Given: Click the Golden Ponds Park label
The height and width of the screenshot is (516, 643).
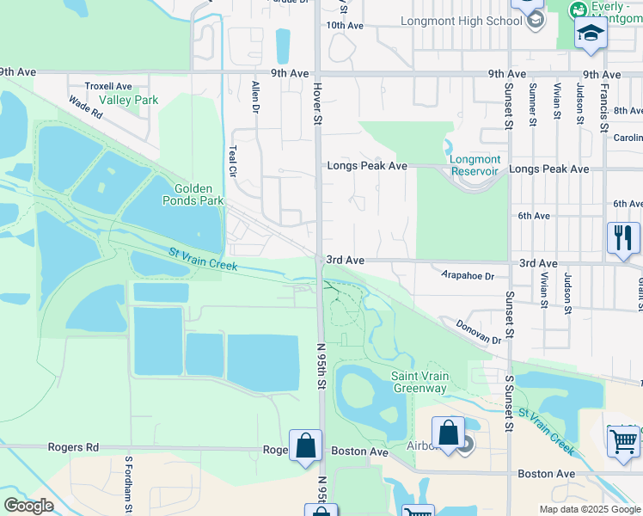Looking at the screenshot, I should pyautogui.click(x=199, y=194).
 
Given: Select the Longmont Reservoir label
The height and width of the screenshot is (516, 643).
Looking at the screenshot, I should pyautogui.click(x=475, y=165).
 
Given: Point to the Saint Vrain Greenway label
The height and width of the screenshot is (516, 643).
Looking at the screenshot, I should pyautogui.click(x=419, y=382).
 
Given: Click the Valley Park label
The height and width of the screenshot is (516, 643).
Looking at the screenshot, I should pyautogui.click(x=128, y=100).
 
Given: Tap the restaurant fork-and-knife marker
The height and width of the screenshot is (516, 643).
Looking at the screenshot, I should pyautogui.click(x=622, y=238).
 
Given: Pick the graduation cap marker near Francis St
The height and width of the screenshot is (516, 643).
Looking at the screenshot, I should pyautogui.click(x=591, y=34).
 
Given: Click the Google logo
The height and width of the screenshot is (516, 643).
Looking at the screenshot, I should pyautogui.click(x=28, y=506).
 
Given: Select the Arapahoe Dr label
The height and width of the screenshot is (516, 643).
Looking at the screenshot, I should pyautogui.click(x=468, y=276).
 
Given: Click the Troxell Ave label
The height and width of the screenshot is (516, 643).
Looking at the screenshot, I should pyautogui.click(x=108, y=86).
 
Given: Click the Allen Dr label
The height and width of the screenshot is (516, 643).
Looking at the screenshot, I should pyautogui.click(x=254, y=97).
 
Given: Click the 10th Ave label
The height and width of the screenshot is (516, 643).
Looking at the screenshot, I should pyautogui.click(x=344, y=26).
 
